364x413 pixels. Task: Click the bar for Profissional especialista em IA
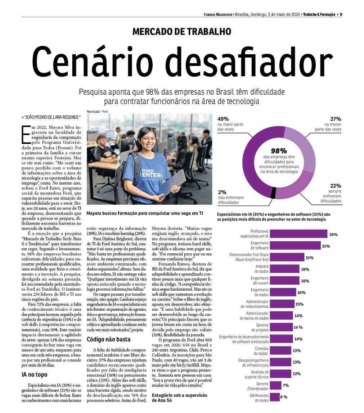coord(298,234)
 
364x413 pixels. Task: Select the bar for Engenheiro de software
coord(296,245)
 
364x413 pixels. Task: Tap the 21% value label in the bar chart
coord(309,258)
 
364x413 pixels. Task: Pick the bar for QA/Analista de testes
coord(275,397)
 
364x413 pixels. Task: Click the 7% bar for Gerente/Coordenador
coord(276,385)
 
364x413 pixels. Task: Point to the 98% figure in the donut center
coord(279,151)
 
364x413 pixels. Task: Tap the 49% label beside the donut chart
coord(223,119)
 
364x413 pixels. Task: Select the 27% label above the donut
coord(336,119)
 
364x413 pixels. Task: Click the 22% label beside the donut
coord(336,186)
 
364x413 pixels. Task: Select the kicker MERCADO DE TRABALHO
coord(182,32)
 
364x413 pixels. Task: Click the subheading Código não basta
coord(109,340)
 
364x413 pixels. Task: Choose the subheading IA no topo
coord(35,375)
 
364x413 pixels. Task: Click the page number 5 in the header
coord(341,14)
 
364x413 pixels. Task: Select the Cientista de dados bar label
coord(261,351)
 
